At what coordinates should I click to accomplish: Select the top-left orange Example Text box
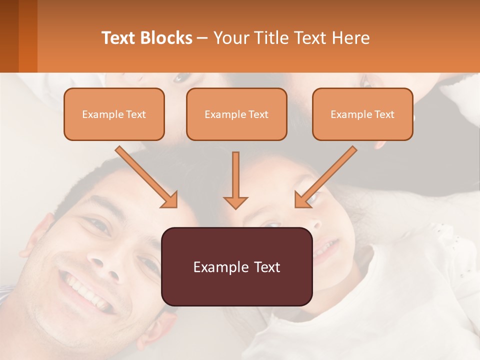pyautogui.click(x=114, y=114)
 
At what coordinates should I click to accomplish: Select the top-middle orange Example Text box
pyautogui.click(x=236, y=114)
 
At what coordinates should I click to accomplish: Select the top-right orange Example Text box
pyautogui.click(x=362, y=114)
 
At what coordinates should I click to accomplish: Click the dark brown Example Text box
pyautogui.click(x=236, y=266)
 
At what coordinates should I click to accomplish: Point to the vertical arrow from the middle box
pyautogui.click(x=235, y=180)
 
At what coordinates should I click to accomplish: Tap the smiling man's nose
pyautogui.click(x=106, y=265)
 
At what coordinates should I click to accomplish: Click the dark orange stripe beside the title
pyautogui.click(x=28, y=36)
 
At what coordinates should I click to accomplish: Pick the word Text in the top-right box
pyautogui.click(x=384, y=114)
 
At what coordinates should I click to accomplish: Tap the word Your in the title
pyautogui.click(x=230, y=38)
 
